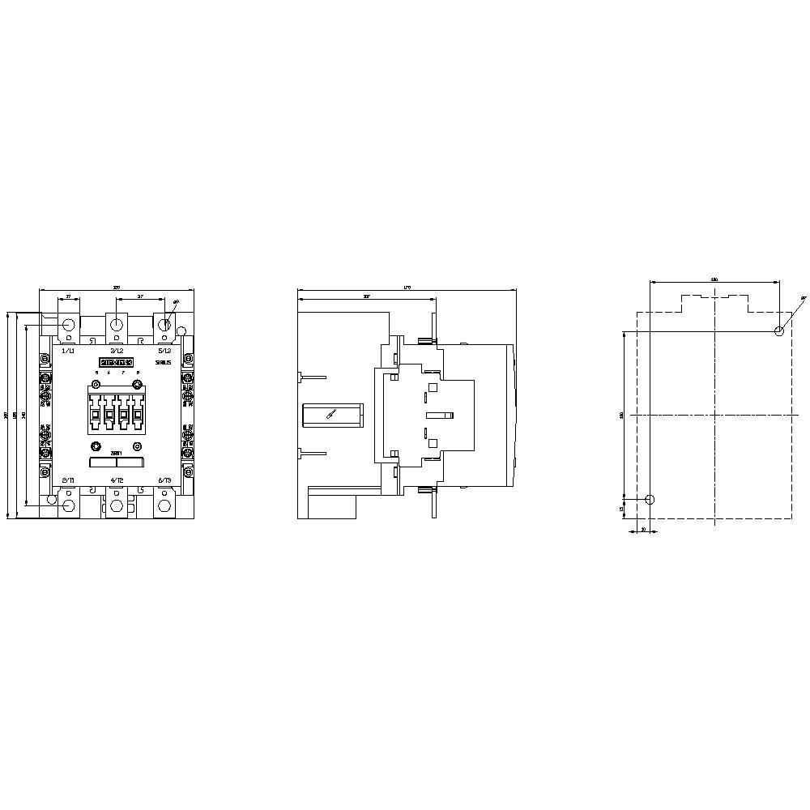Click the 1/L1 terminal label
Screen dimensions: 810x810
[69, 351]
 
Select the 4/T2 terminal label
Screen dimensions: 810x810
[116, 480]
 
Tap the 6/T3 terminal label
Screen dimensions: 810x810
[164, 480]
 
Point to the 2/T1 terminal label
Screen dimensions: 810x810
[69, 480]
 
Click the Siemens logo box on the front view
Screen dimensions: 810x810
[116, 362]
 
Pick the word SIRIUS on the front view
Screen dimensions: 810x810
[163, 364]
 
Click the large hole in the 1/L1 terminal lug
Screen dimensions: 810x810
[69, 325]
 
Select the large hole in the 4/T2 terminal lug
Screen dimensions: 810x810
[116, 506]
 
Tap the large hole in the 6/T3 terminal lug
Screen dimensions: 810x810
[164, 506]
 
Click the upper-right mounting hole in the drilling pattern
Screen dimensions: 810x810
[779, 330]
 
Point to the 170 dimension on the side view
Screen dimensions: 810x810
[407, 287]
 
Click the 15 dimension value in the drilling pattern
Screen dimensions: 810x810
[621, 509]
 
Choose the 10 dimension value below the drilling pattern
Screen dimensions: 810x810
[642, 529]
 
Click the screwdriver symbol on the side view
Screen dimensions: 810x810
[330, 415]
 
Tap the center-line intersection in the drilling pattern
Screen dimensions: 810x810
[714, 415]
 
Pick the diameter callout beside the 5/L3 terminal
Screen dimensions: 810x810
[177, 301]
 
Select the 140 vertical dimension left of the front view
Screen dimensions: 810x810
[24, 415]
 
